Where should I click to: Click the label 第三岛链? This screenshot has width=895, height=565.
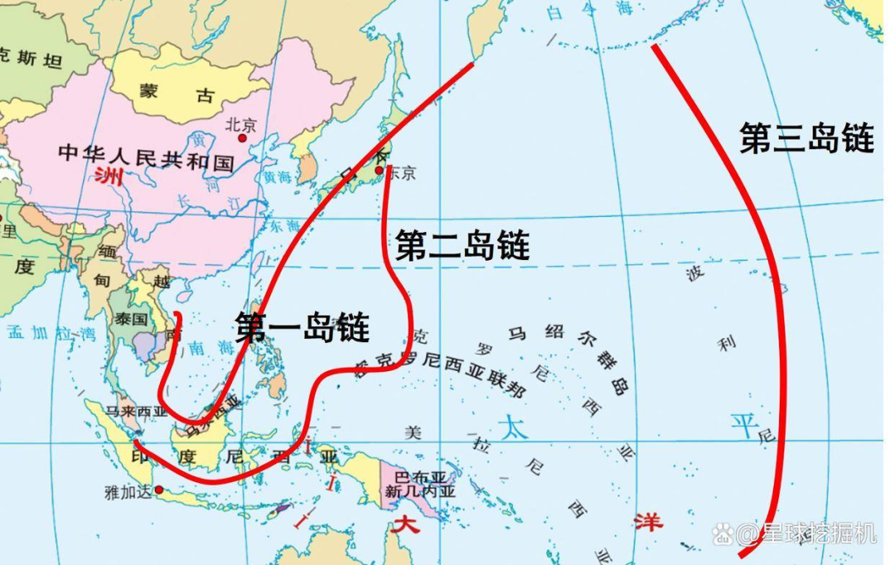[x=806, y=138]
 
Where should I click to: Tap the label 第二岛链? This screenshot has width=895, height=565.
[x=462, y=245]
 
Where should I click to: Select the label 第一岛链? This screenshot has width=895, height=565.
[x=302, y=327]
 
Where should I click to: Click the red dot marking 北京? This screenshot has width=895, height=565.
[x=243, y=138]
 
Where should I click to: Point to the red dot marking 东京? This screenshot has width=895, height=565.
[x=380, y=171]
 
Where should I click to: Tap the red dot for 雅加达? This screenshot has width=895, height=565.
[x=159, y=490]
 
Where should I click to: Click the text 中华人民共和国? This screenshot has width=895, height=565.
[x=147, y=157]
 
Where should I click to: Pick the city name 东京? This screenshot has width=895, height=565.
[x=401, y=173]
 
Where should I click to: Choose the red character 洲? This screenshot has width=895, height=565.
[x=107, y=175]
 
